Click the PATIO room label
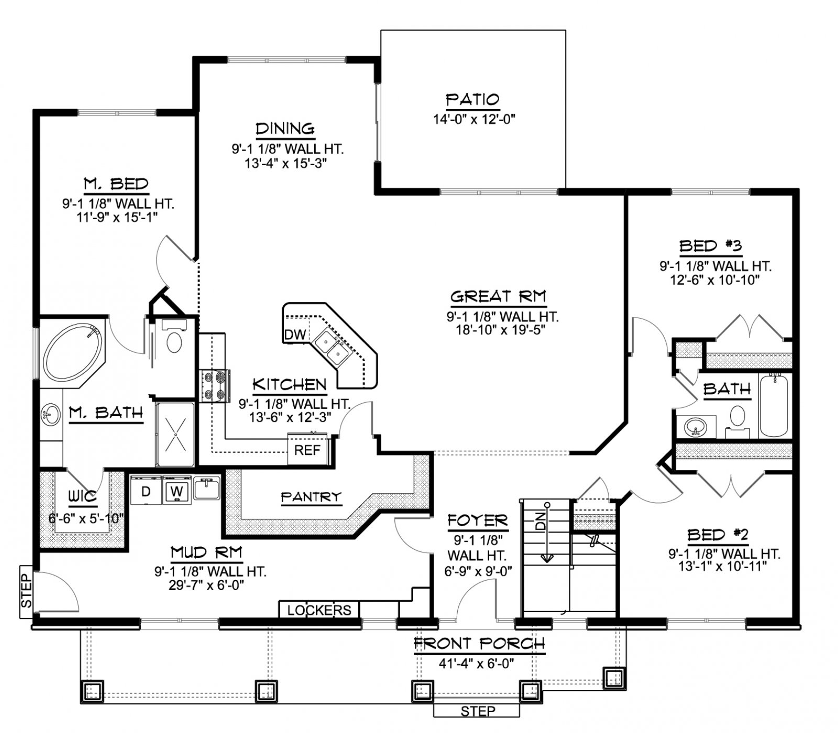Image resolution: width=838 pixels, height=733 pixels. coord(472,100)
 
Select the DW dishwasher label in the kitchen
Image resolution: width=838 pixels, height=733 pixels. coord(295,335)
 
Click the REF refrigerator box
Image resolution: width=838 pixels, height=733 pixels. coord(307,450)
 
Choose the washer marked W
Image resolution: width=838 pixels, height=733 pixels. coord(177,491)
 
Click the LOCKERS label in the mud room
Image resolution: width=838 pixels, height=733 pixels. coord(319,610)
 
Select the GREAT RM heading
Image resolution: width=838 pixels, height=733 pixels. coord(498,297)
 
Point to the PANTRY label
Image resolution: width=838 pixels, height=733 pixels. coord(311,496)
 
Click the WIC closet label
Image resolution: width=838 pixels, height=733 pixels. coord(83,496)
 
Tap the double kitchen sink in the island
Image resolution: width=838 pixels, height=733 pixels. coord(332,347)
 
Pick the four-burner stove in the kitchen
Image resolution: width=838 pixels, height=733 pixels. coord(215,386)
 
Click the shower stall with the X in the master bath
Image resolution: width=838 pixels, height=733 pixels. coord(176,434)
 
